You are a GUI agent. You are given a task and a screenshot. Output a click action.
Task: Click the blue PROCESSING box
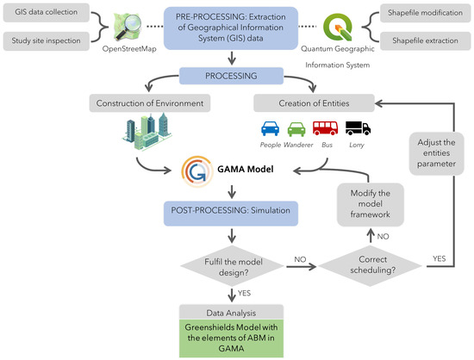click(230, 77)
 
